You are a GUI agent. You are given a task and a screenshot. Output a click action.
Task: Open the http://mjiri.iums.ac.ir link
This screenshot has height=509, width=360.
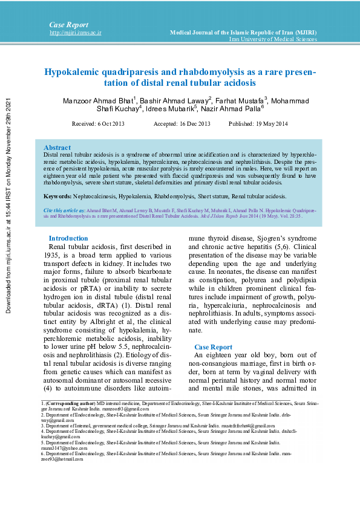[75, 33]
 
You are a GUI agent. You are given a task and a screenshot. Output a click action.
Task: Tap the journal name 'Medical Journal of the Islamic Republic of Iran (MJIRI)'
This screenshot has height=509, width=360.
[243, 31]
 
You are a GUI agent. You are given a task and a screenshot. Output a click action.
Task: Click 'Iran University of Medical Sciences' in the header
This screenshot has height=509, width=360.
[273, 39]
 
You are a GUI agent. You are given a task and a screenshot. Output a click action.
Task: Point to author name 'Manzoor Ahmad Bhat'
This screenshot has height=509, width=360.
[98, 100]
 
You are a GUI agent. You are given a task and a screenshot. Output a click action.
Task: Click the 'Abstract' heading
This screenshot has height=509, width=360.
[57, 148]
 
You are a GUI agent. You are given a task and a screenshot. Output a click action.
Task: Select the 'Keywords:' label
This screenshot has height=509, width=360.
[57, 196]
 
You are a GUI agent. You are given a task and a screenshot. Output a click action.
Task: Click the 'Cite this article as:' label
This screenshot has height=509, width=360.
[64, 209]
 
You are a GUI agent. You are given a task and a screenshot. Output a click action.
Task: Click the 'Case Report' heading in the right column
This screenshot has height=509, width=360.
[213, 347]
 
